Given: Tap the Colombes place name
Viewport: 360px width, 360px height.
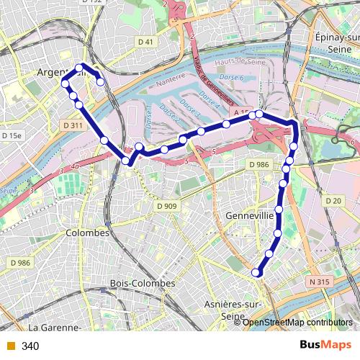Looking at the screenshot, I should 87,233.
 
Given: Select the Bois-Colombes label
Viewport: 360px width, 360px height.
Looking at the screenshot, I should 143,284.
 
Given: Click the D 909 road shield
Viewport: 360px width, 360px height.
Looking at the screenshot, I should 167,207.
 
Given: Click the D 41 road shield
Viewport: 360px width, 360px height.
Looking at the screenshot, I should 145,42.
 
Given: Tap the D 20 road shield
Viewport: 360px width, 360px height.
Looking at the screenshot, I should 333,201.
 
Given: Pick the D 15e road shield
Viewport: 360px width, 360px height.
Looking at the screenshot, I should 12,135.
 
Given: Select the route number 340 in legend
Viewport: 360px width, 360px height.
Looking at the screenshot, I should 30,346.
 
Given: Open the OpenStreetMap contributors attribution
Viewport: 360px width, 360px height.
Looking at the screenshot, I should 297,323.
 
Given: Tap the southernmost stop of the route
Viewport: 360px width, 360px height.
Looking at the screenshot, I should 256,272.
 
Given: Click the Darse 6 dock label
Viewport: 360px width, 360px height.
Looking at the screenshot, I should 231,77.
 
